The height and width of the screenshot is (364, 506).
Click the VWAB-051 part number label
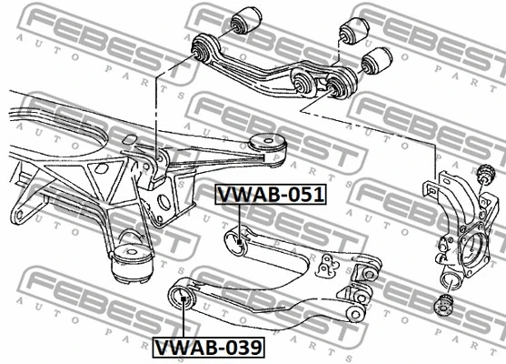pyautogui.click(x=271, y=195)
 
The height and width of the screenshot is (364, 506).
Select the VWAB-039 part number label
pyautogui.click(x=208, y=348)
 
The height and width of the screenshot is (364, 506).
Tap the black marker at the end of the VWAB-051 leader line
pyautogui.click(x=240, y=241)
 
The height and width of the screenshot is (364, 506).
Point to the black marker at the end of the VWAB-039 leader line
pyautogui.click(x=183, y=298)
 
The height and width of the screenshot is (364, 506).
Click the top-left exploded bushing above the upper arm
pyautogui.click(x=246, y=20)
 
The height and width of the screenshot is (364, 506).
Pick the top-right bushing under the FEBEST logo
pyautogui.click(x=355, y=30)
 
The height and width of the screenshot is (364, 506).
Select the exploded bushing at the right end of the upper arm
pyautogui.click(x=377, y=61)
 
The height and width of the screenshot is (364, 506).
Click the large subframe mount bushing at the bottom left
pyautogui.click(x=132, y=263)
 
